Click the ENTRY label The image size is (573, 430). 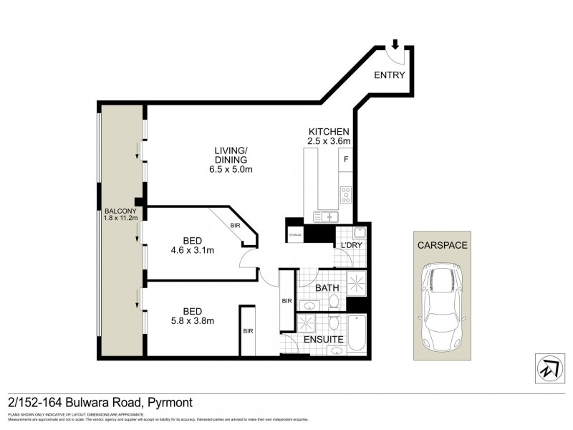click(x=390, y=75)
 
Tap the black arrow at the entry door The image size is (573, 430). click(x=394, y=44)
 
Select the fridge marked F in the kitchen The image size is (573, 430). click(x=346, y=159)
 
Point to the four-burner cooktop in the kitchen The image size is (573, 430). click(x=346, y=193)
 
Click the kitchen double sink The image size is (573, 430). click(x=324, y=216)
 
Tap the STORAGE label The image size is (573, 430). click(x=294, y=234)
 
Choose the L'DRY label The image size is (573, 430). click(x=350, y=246)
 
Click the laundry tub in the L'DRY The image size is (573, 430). click(x=360, y=232)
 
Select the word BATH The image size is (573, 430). click(x=328, y=288)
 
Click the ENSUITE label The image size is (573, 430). click(x=323, y=339)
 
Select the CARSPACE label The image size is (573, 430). click(x=442, y=245)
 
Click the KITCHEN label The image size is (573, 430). click(x=328, y=132)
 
